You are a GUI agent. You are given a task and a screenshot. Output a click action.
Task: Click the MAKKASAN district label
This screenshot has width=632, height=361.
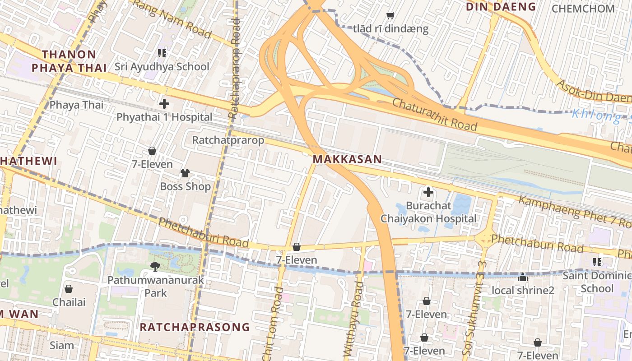[x=347, y=159]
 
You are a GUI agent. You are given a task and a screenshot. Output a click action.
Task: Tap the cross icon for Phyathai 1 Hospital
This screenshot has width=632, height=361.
[x=164, y=104]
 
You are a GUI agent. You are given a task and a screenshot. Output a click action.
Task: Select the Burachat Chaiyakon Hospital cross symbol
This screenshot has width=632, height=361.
[x=428, y=193]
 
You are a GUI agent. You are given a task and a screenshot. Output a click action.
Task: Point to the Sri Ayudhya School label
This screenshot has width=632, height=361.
[x=162, y=67]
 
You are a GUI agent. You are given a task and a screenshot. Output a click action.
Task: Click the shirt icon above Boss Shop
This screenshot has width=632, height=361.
[x=185, y=173]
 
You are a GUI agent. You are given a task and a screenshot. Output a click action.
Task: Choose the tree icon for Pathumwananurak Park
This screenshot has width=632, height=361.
[x=155, y=266]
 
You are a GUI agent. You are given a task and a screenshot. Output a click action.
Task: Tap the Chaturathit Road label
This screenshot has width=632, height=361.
[x=434, y=114]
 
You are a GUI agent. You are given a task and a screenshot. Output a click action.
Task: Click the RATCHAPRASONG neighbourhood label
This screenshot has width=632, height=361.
[x=195, y=327]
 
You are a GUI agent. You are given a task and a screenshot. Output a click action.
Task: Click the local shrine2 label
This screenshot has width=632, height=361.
[x=523, y=290]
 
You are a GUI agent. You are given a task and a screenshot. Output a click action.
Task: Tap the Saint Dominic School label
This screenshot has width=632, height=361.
[x=597, y=282]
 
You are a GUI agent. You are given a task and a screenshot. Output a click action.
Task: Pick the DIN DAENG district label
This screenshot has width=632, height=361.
[x=501, y=7]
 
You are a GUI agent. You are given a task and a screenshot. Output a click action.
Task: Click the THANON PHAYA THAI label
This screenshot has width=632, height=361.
[x=69, y=61]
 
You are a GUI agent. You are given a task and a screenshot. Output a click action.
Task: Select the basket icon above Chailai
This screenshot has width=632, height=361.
[x=69, y=289]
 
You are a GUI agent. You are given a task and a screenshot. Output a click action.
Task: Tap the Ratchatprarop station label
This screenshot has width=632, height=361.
[x=228, y=140]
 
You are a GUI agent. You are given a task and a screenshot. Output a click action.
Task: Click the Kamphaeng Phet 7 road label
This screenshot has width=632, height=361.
[x=573, y=212]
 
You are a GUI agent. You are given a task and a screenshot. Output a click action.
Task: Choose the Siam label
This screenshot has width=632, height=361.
[x=62, y=346]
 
